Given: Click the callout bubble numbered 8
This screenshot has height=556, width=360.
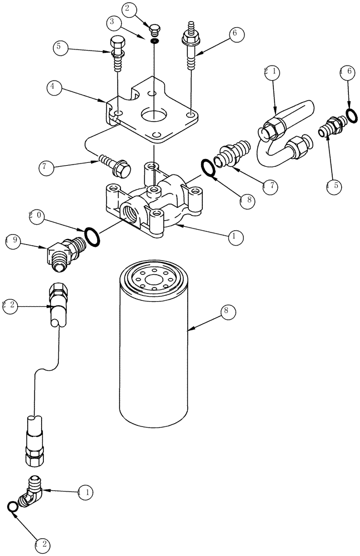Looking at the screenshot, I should coord(227,312).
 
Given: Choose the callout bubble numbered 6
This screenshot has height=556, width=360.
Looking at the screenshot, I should coord(234,33).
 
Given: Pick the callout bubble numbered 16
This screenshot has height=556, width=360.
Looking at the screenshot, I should coord(346,73).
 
